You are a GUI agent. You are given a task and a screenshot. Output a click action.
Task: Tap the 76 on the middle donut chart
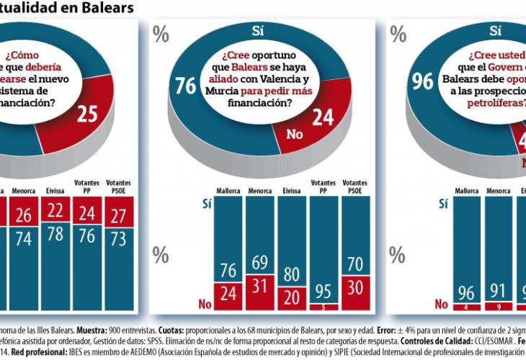click(x=185, y=86)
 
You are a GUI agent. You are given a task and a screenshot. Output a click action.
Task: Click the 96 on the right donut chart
click(x=422, y=81)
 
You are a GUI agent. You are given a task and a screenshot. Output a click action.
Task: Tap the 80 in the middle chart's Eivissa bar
click(x=293, y=274)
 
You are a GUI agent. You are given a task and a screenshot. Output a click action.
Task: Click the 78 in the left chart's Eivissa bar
click(x=55, y=234)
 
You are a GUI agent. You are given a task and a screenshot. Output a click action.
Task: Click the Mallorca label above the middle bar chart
click(x=228, y=191)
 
